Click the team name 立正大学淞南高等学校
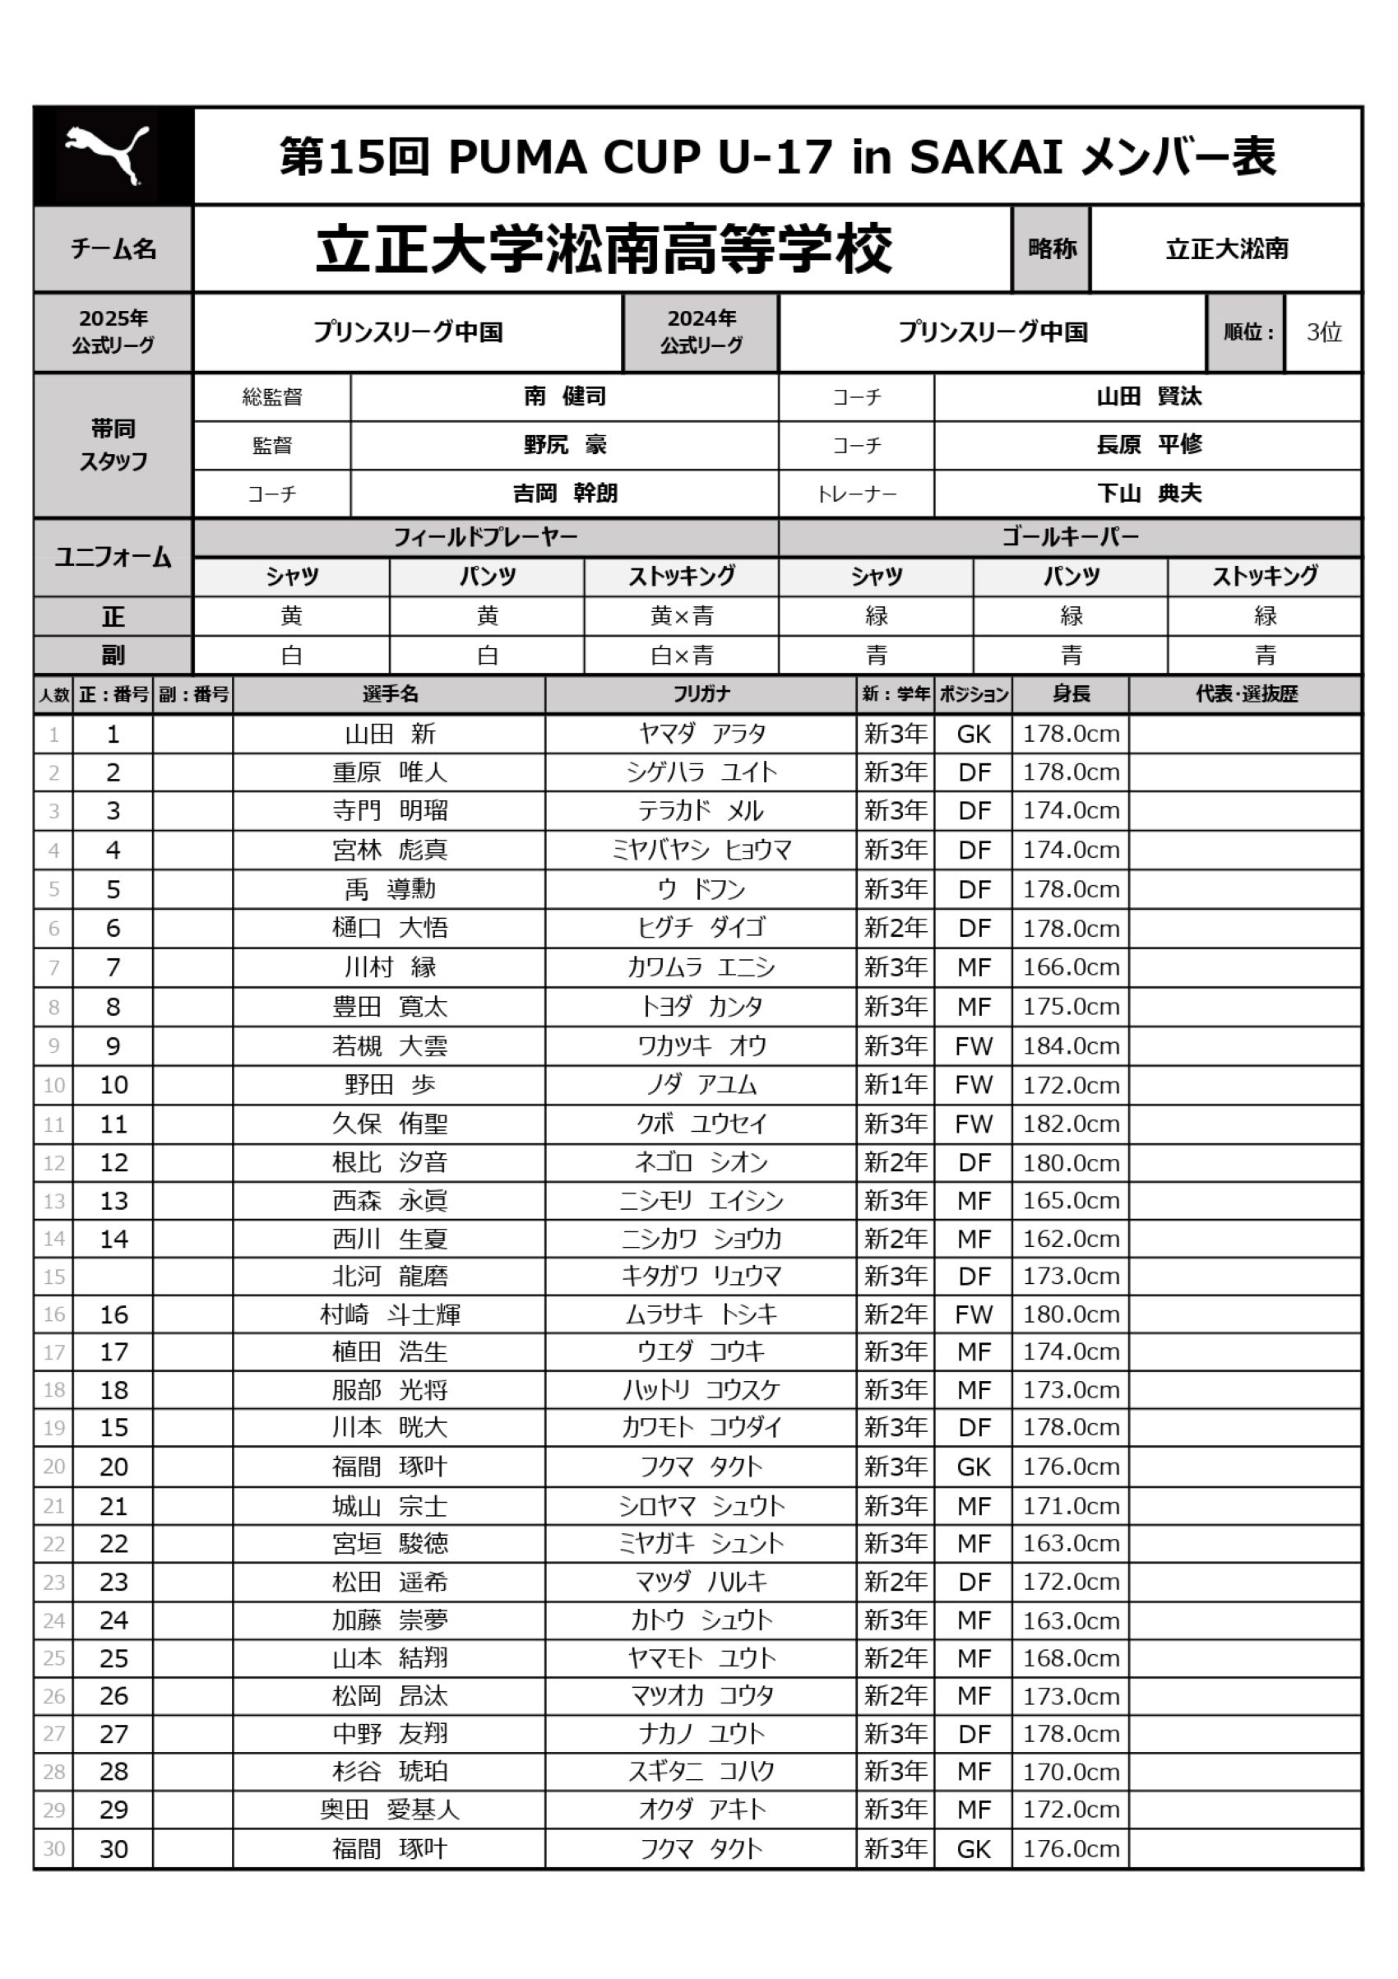tap(604, 249)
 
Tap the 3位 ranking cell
tap(1323, 331)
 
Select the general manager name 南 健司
tap(564, 396)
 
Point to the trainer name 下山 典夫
tap(1148, 493)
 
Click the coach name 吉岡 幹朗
tap(564, 493)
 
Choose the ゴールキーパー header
tap(1070, 537)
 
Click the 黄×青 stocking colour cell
tap(681, 616)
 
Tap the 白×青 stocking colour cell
tap(681, 655)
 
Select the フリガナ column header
tap(700, 694)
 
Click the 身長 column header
tap(1071, 694)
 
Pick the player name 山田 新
tap(390, 734)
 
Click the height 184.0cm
tap(1071, 1045)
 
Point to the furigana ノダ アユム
tap(700, 1084)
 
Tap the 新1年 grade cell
tap(896, 1084)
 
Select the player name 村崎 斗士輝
tap(390, 1314)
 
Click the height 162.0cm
tap(1071, 1239)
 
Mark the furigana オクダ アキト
tap(700, 1810)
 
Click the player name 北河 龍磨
tap(390, 1276)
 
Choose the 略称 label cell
tap(1052, 249)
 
